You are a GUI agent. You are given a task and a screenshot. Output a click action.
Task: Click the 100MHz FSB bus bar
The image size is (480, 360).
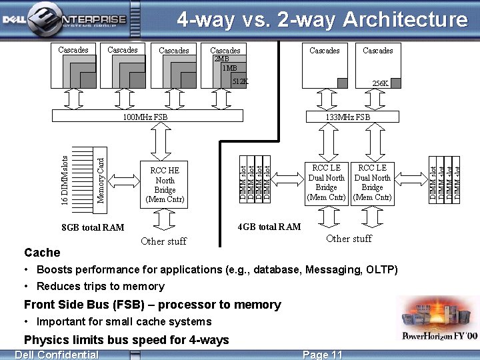pos(145,117)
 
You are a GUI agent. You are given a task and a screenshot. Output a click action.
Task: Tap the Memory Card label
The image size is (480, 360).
pos(101,179)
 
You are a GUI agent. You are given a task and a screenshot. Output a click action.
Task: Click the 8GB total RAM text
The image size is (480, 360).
pos(93,227)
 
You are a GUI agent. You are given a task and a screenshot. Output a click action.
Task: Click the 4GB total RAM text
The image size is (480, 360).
pos(269,227)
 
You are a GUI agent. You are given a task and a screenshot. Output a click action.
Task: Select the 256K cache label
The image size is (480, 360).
pos(381,83)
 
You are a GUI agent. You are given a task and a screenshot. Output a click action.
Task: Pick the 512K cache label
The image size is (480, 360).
pos(240,81)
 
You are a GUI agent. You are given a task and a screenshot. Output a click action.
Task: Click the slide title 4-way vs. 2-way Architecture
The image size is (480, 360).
pos(322,20)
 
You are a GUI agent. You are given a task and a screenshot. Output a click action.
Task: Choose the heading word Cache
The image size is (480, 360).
pos(42,253)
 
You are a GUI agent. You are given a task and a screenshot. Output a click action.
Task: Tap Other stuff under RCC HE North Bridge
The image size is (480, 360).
pos(164,241)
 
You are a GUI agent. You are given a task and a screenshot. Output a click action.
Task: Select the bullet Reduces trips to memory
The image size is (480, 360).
pos(100,286)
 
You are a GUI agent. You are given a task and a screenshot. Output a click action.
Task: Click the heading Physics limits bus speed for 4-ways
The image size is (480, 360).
pos(127,339)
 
